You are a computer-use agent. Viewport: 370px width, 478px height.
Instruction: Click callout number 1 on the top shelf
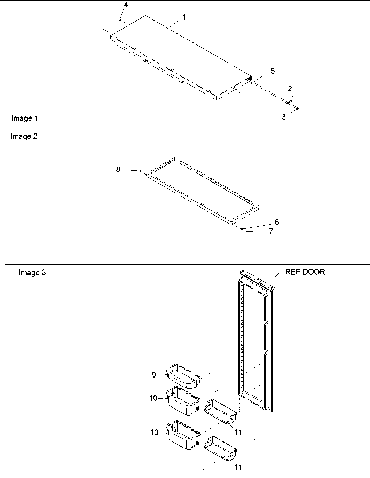click(x=184, y=17)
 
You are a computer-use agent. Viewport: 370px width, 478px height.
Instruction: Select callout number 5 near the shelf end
click(x=273, y=71)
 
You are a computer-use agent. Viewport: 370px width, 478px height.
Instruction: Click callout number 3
click(x=284, y=117)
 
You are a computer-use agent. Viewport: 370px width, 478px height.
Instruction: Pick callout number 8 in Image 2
click(x=118, y=169)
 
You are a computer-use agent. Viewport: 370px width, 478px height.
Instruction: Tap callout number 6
click(x=277, y=222)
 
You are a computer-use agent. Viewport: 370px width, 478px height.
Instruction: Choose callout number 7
click(x=271, y=231)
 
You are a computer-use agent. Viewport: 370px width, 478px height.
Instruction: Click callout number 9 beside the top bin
click(x=154, y=374)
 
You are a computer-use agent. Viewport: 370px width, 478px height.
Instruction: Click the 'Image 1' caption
click(x=24, y=118)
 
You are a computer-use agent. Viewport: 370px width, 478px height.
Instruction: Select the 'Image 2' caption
click(x=24, y=136)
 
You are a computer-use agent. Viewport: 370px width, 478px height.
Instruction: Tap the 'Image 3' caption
click(x=32, y=273)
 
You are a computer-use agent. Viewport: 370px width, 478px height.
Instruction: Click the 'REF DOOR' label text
click(x=305, y=272)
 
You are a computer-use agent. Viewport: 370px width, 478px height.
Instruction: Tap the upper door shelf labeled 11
click(x=221, y=412)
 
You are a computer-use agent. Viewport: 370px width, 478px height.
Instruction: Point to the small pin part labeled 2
click(x=289, y=102)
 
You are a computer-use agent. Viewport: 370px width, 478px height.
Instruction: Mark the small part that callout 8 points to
click(x=139, y=171)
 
